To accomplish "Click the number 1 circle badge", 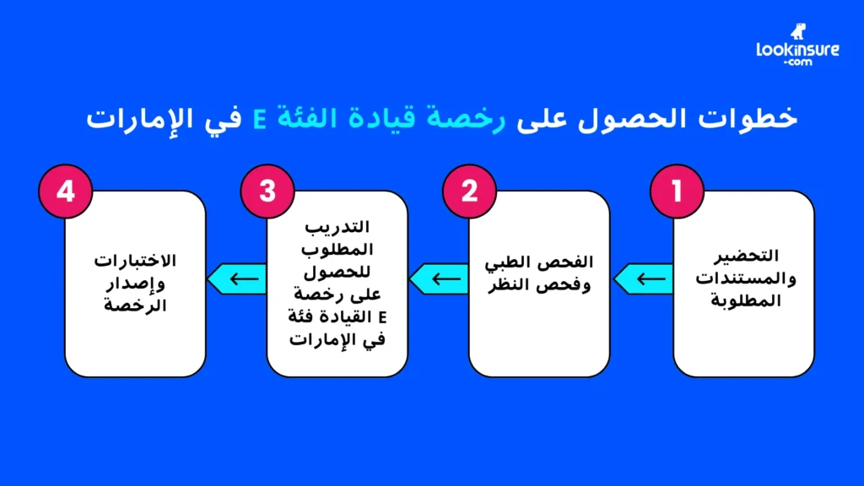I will pyautogui.click(x=674, y=191).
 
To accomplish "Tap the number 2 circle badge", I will pyautogui.click(x=471, y=191).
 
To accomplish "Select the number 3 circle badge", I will pyautogui.click(x=267, y=191).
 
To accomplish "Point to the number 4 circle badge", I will pyautogui.click(x=65, y=191).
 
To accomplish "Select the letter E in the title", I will pyautogui.click(x=262, y=119).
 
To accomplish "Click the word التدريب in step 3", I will pyautogui.click(x=337, y=228).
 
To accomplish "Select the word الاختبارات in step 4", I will pyautogui.click(x=136, y=259).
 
